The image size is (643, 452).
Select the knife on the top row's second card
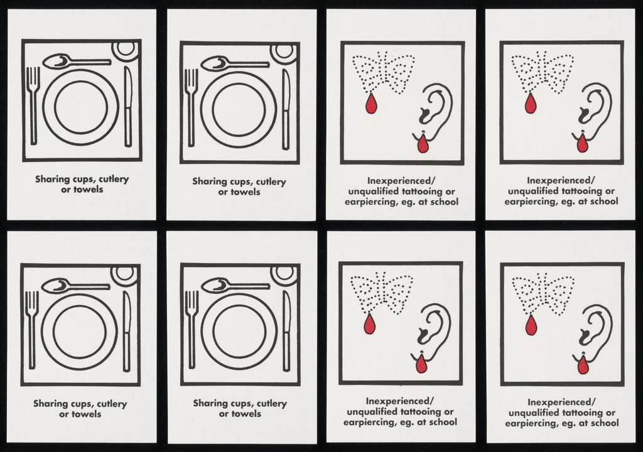[286, 109]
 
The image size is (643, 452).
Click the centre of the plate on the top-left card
[81, 107]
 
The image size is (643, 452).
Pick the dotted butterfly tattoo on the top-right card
[543, 73]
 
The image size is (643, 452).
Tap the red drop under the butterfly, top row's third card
[370, 104]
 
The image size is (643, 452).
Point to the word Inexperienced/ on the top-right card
[561, 180]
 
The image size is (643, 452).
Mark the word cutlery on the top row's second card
[271, 182]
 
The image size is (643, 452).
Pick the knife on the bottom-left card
[127, 331]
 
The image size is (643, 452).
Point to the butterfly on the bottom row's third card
[381, 293]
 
